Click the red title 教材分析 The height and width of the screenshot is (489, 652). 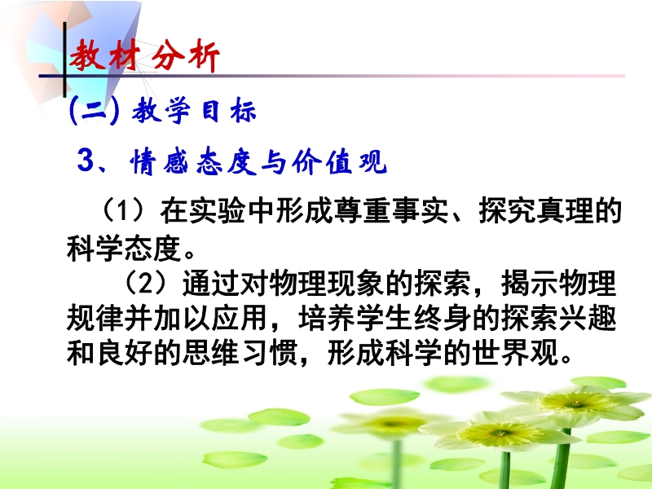[x=144, y=55]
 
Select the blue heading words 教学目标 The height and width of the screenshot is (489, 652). [x=194, y=111]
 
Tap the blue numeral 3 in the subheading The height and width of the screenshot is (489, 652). [x=86, y=160]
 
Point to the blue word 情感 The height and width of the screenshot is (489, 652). [x=158, y=161]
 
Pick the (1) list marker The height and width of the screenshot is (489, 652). [x=124, y=210]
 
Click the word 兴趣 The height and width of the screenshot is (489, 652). [x=587, y=318]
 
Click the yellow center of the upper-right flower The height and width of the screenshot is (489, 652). [x=576, y=402]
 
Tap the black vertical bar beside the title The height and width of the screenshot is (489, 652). [x=64, y=59]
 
